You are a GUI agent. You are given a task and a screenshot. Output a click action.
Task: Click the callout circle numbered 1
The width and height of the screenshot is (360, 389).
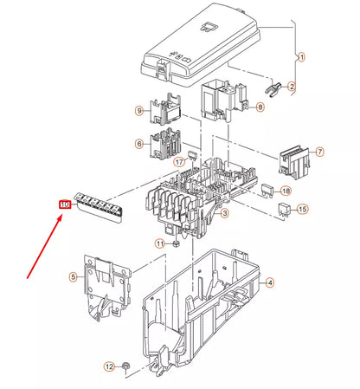(302, 58)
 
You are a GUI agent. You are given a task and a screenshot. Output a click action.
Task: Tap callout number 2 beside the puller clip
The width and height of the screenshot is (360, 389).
(292, 86)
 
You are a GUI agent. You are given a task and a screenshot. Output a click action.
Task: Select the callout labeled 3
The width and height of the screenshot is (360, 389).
(224, 213)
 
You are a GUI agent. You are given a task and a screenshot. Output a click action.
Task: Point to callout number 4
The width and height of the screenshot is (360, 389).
(269, 282)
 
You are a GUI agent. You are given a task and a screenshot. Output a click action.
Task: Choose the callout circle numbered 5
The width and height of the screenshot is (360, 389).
(74, 277)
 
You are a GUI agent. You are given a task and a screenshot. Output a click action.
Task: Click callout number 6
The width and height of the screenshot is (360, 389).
(138, 144)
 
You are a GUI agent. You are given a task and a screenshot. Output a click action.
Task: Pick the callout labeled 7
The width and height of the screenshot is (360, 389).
(319, 152)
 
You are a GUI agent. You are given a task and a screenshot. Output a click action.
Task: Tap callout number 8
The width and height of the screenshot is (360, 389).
(260, 107)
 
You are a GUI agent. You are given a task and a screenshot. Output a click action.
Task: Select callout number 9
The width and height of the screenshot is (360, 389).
(138, 111)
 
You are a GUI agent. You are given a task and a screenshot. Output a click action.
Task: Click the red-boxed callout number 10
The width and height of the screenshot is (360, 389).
(64, 204)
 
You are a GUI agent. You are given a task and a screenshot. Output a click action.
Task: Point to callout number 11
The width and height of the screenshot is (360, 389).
(159, 244)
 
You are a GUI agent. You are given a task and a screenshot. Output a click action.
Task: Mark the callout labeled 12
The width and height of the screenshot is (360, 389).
(109, 367)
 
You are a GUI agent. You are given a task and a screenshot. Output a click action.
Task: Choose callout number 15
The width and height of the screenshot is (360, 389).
(302, 210)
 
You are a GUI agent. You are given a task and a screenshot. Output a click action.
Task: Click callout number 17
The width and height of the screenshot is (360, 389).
(180, 161)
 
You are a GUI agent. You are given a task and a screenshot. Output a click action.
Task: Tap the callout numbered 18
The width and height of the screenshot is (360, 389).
(286, 190)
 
